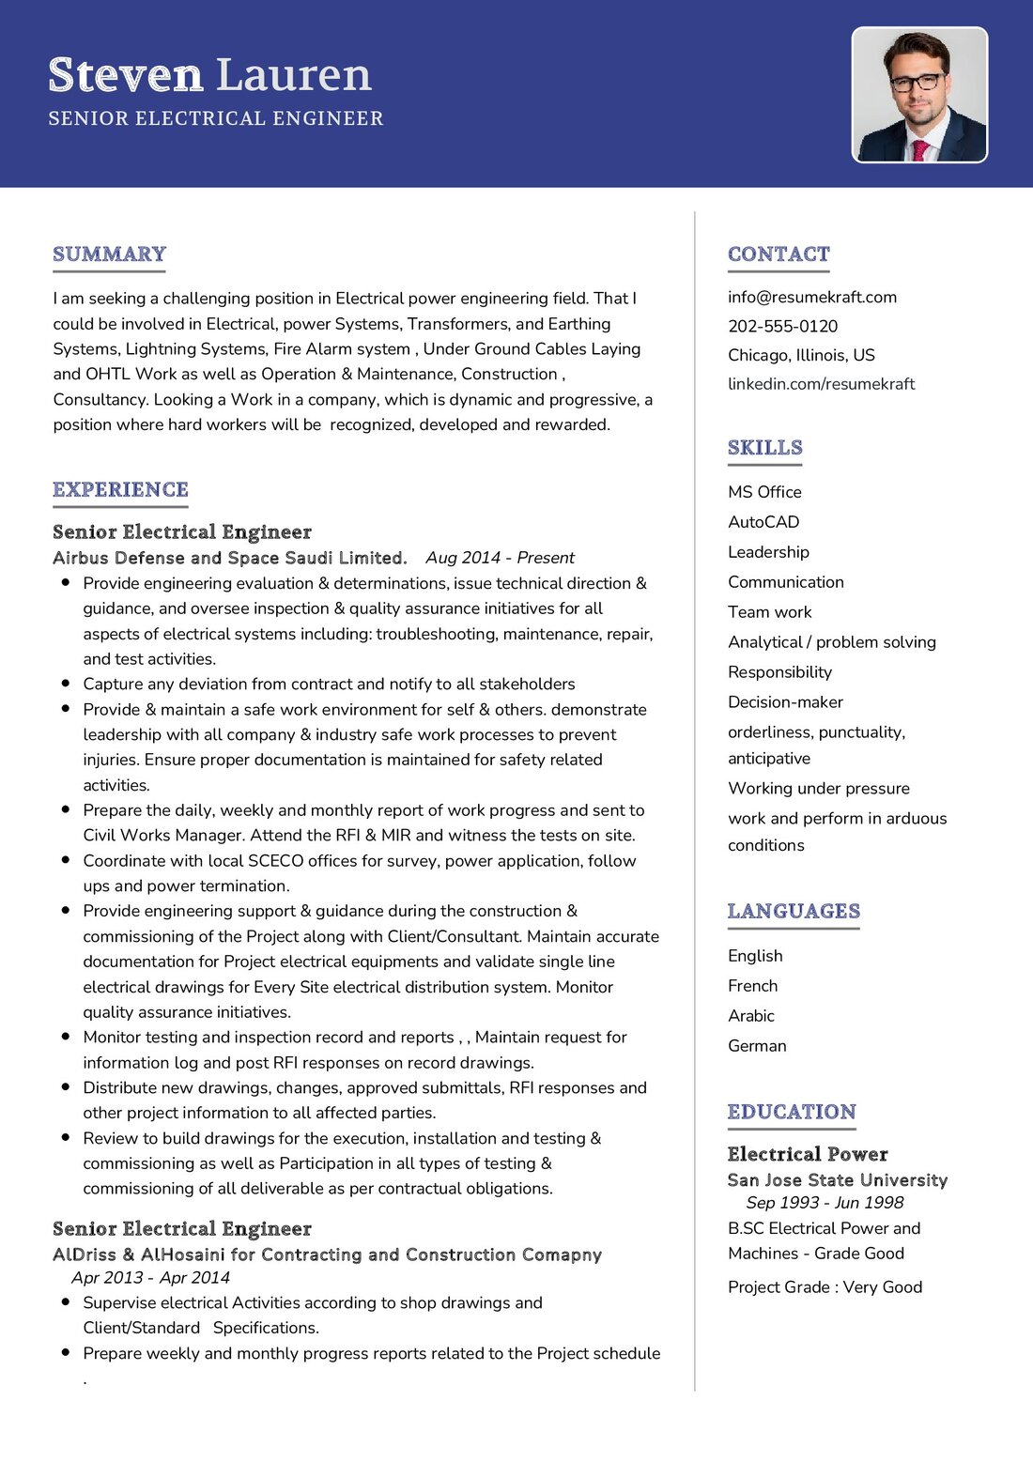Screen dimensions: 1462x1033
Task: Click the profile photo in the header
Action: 919,95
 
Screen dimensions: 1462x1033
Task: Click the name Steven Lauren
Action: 209,75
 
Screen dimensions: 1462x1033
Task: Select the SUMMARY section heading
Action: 109,254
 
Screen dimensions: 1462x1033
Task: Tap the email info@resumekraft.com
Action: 811,297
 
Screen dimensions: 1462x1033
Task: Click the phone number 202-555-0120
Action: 782,326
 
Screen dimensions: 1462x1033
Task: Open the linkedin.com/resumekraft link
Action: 821,384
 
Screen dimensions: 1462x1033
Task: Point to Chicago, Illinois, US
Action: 801,355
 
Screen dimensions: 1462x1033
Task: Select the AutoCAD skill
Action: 763,522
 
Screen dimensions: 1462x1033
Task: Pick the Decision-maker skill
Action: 785,702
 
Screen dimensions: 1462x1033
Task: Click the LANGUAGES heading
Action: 794,911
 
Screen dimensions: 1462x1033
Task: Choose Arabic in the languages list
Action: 751,1016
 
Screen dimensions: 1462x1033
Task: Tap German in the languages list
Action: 757,1046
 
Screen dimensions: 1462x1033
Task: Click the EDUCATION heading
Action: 792,1112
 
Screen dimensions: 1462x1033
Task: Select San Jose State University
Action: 837,1180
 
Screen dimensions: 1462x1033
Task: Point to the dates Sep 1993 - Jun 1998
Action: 825,1203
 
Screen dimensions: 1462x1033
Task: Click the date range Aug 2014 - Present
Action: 500,558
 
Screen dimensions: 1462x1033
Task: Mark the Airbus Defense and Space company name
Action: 229,558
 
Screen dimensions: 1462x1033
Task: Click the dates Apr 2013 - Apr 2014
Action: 150,1278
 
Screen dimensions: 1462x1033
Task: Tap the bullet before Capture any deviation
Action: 66,684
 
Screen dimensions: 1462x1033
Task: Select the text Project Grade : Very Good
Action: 825,1287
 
